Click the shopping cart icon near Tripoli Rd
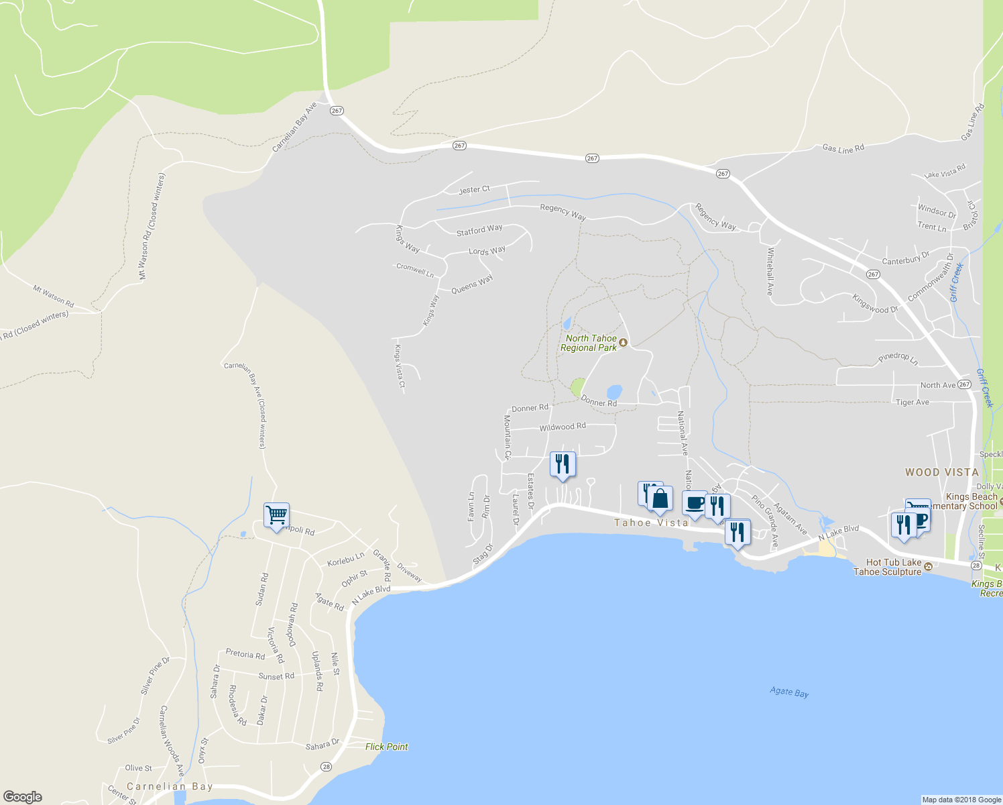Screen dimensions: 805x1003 pos(276,515)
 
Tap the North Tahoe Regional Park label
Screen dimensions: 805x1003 pos(589,343)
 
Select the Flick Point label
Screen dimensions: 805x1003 pos(386,747)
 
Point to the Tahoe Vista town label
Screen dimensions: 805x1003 pos(651,523)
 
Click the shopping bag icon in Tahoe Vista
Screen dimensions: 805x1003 pos(660,498)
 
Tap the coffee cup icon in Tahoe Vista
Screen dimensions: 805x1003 pos(695,503)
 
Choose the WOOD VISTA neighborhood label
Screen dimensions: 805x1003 pos(942,472)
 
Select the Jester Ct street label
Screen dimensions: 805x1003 pos(474,190)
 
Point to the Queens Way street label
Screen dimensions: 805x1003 pos(472,284)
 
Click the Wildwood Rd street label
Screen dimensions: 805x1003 pos(563,427)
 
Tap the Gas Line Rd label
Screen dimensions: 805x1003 pos(843,149)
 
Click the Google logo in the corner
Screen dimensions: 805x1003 pos(22,797)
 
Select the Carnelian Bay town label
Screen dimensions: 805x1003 pos(170,786)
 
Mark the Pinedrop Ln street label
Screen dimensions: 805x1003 pos(898,358)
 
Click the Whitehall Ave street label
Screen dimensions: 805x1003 pos(770,272)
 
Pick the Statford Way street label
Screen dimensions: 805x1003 pos(479,231)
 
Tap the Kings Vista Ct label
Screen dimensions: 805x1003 pos(400,366)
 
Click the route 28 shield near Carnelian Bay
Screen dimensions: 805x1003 pos(326,767)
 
